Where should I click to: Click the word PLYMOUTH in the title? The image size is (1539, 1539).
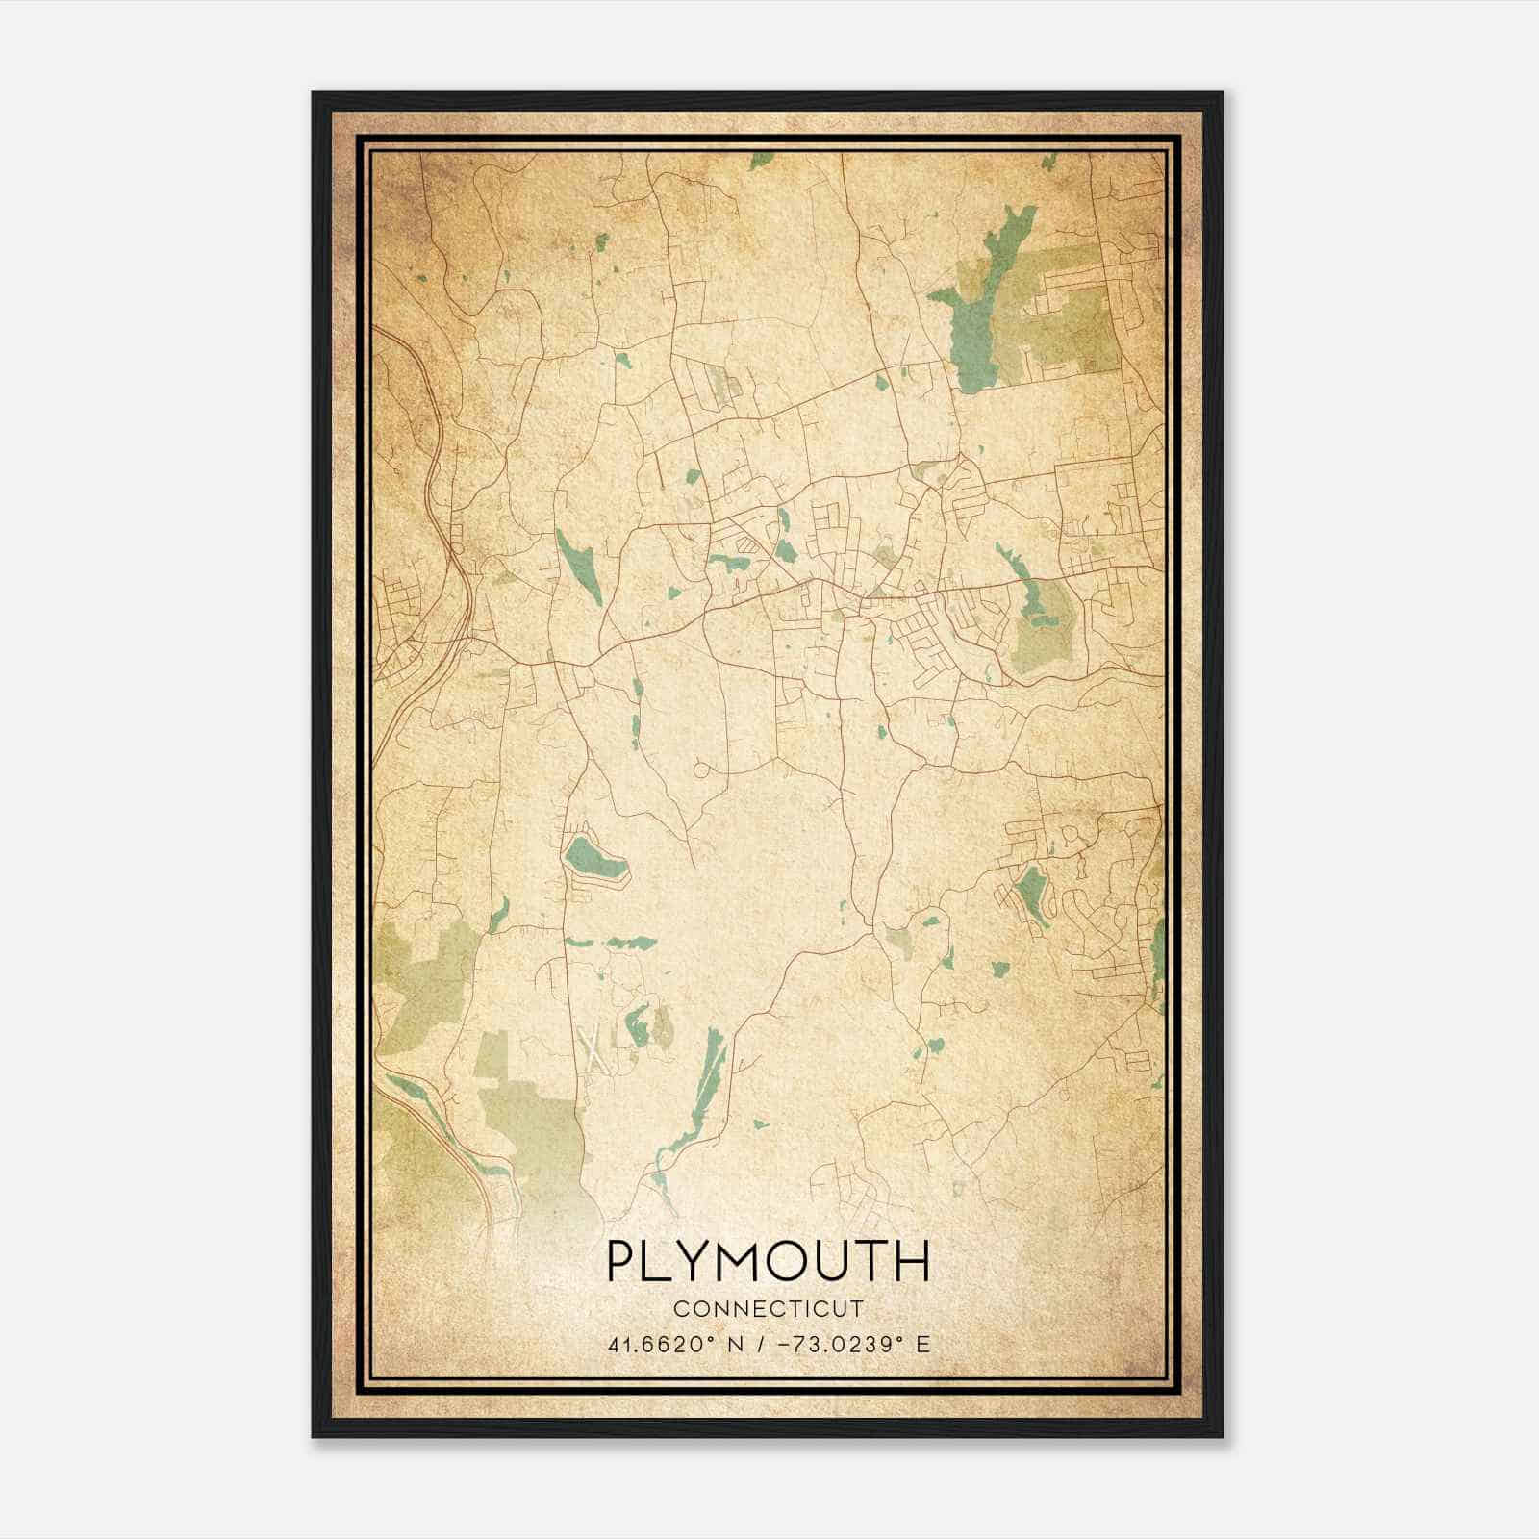[x=769, y=1261]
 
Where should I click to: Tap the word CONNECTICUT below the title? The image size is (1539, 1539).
[x=769, y=1308]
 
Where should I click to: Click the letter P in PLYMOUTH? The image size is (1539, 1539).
[x=621, y=1261]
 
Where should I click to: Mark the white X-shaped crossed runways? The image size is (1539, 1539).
[x=595, y=1048]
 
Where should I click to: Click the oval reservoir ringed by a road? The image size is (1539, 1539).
[x=594, y=854]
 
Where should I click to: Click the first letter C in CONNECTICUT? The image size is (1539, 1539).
[x=680, y=1308]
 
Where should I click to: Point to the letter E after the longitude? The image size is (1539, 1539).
[x=923, y=1345]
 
